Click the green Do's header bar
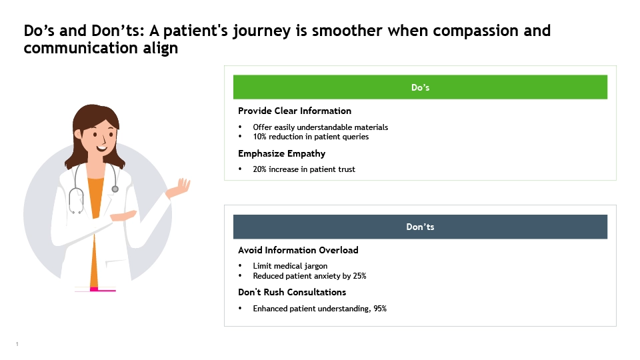click(420, 87)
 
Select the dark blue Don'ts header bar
click(420, 227)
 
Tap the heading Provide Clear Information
click(295, 111)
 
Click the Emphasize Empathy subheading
click(281, 154)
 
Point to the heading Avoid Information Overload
click(299, 250)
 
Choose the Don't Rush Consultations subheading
click(292, 292)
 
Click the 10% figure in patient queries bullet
click(259, 137)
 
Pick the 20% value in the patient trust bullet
click(259, 169)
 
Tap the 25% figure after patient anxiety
click(359, 276)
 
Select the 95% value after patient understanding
click(380, 309)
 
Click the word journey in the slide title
click(261, 31)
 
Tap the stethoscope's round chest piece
click(115, 189)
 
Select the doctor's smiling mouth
click(101, 148)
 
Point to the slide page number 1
click(17, 344)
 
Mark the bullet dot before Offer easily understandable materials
click(240, 127)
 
